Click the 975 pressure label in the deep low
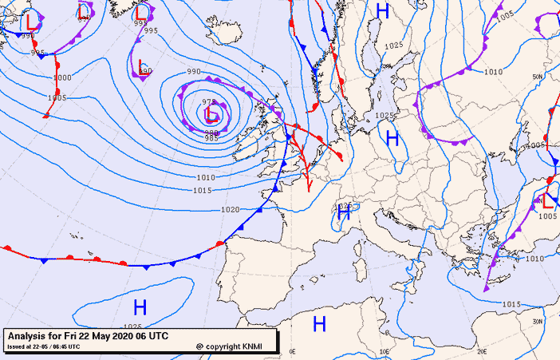click(208, 102)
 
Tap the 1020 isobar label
click(230, 209)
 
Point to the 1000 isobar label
click(62, 77)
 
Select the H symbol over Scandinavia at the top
click(383, 11)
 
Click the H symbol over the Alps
click(344, 213)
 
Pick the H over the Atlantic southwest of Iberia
click(140, 307)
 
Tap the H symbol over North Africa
click(319, 323)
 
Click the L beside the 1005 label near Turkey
click(547, 202)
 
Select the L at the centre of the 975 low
click(211, 116)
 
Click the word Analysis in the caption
click(30, 335)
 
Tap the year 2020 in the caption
click(116, 335)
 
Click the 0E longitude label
click(292, 351)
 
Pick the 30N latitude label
click(536, 321)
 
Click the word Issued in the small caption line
click(16, 346)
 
